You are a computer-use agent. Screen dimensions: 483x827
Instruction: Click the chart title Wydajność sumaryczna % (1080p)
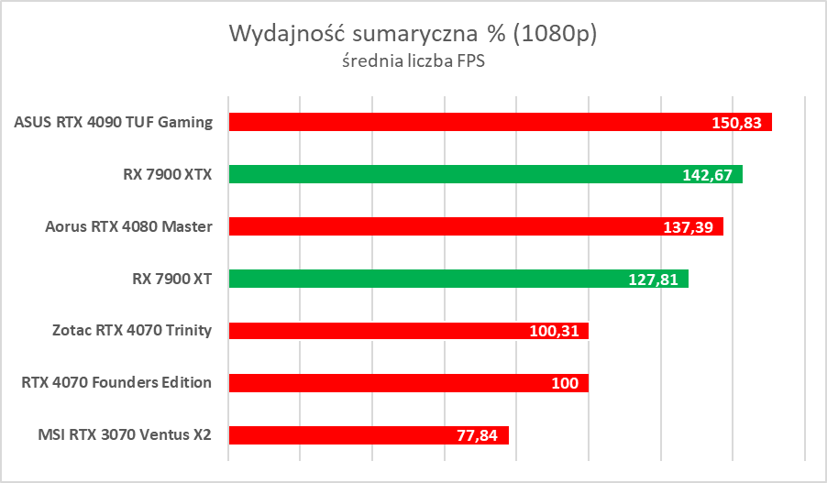(x=413, y=35)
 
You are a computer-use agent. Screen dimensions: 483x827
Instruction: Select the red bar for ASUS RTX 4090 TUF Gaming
(x=458, y=122)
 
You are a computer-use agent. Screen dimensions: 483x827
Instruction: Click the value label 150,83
(x=736, y=123)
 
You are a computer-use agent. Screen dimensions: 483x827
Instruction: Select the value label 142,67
(x=707, y=175)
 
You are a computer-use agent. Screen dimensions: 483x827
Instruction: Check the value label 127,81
(x=653, y=280)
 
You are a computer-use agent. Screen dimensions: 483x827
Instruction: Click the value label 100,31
(x=553, y=332)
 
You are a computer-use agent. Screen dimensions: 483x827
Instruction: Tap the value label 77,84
(x=477, y=436)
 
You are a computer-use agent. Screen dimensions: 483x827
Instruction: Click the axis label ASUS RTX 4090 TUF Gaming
(x=114, y=122)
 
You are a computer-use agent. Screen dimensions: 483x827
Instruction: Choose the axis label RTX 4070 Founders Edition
(x=116, y=383)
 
